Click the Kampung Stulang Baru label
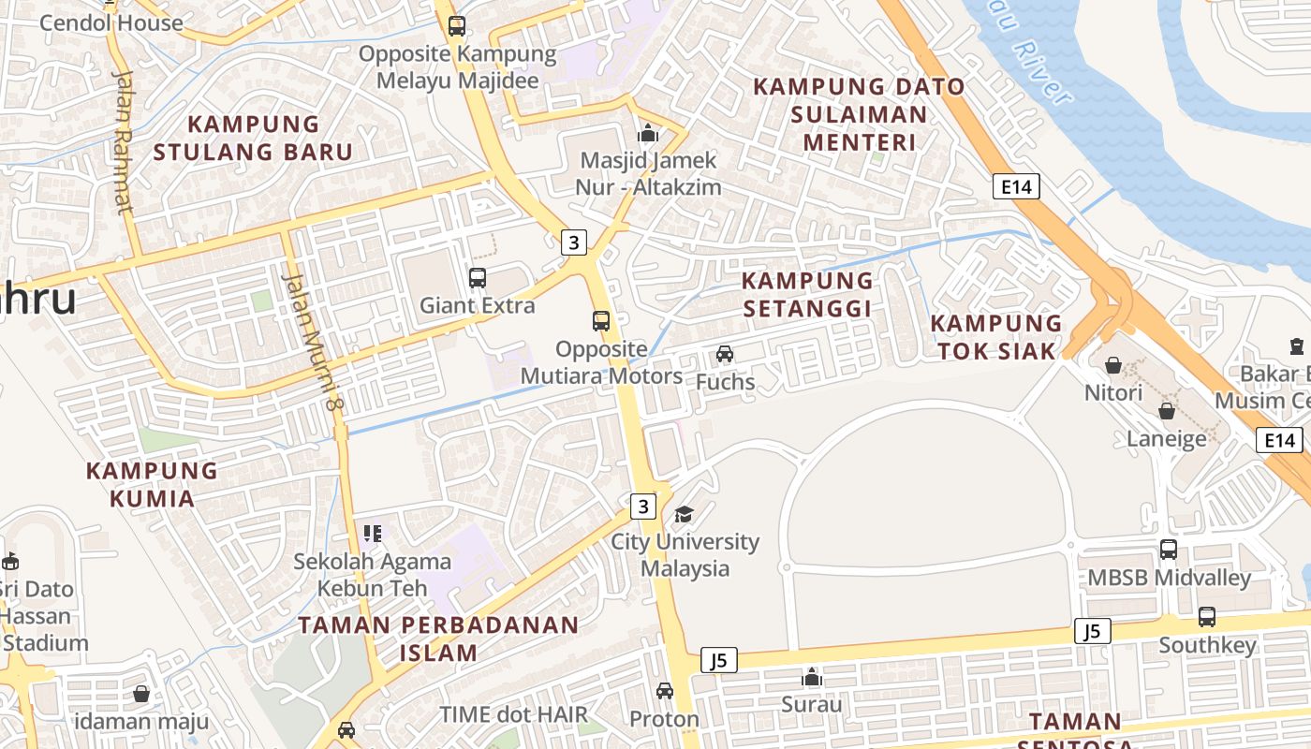tap(253, 138)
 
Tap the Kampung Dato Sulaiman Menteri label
tap(859, 114)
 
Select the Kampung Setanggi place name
tap(807, 294)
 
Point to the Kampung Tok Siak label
tap(996, 337)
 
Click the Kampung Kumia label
tap(152, 484)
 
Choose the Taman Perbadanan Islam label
tap(438, 639)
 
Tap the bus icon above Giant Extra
tap(478, 278)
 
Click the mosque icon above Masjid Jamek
tap(648, 134)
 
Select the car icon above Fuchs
tap(725, 354)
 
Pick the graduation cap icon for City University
tap(685, 514)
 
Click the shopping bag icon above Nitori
tap(1113, 365)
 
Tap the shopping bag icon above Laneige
tap(1167, 411)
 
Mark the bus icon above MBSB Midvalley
tap(1169, 550)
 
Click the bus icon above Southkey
tap(1207, 617)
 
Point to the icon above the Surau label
tap(812, 677)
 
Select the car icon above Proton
tap(665, 691)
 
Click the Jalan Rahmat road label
tap(123, 140)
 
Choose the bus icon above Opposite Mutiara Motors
tap(601, 322)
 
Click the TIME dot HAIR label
tap(514, 714)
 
